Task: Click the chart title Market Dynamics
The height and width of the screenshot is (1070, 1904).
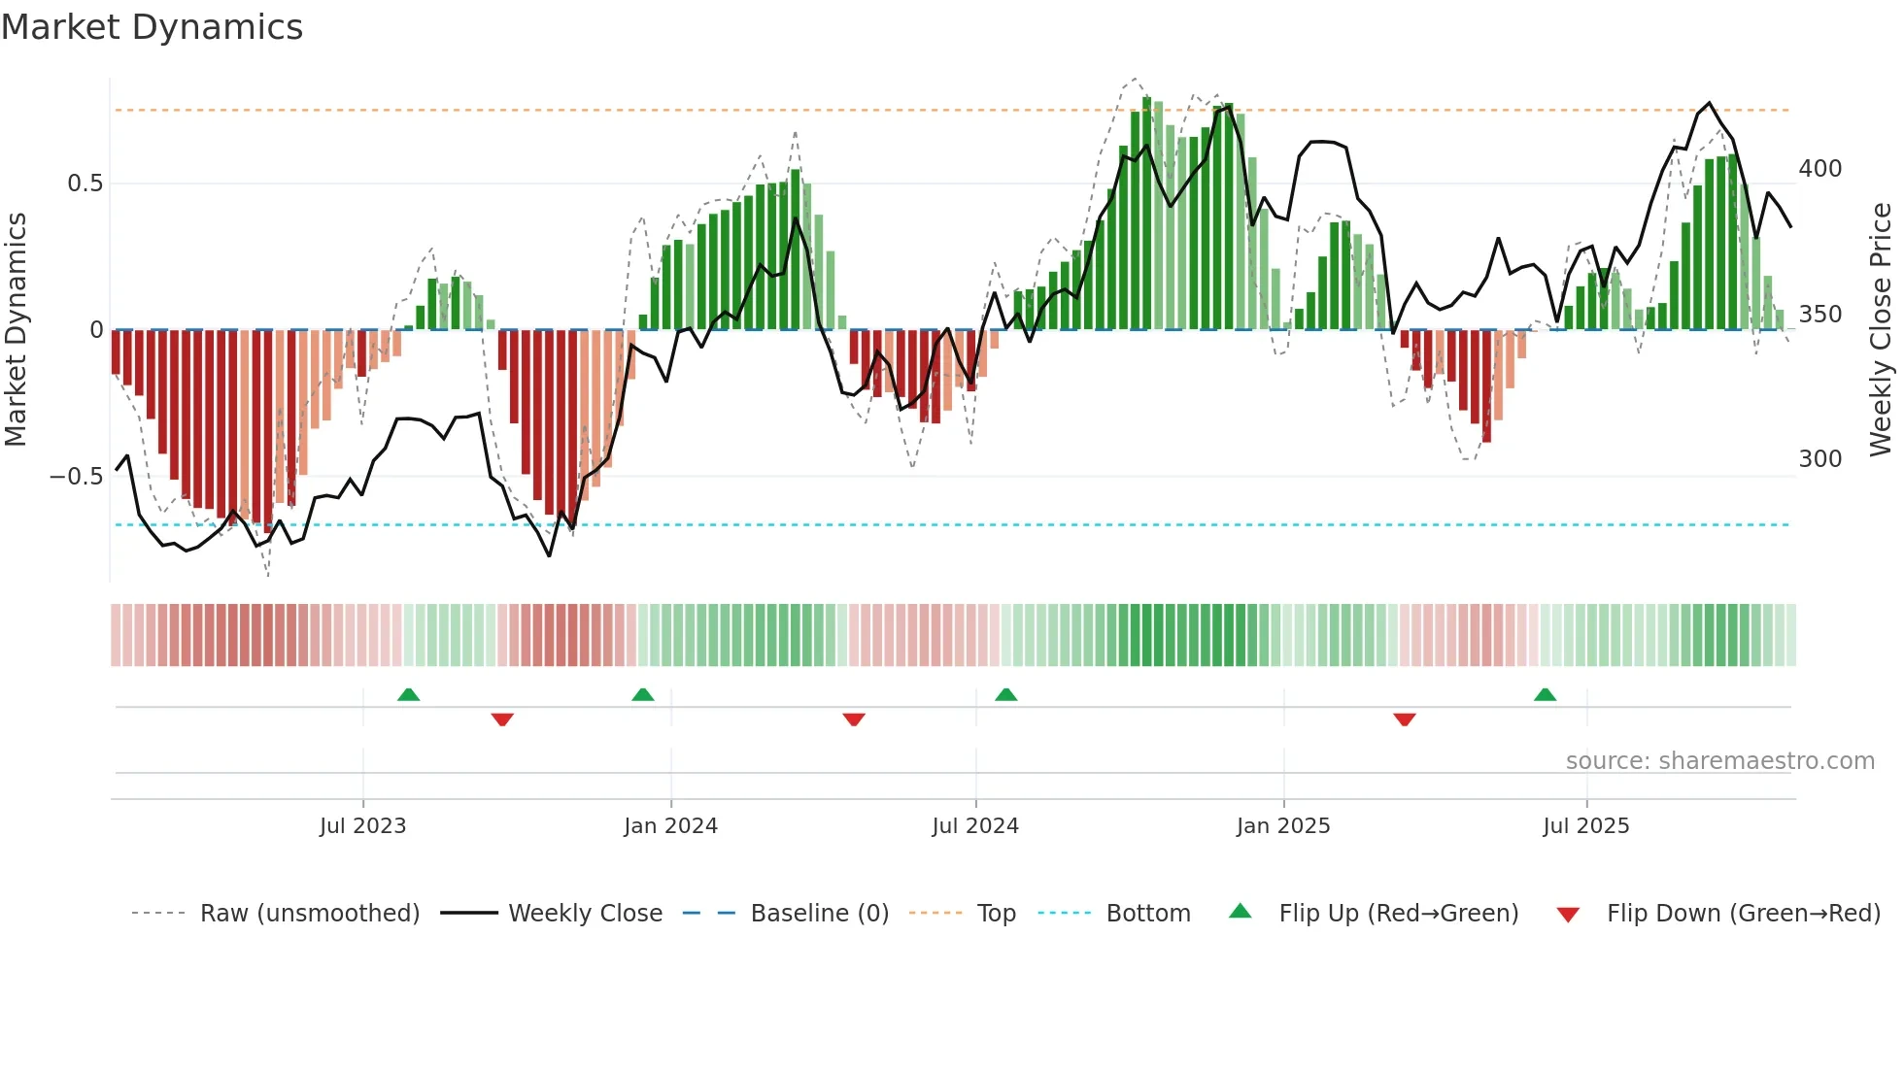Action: [x=153, y=27]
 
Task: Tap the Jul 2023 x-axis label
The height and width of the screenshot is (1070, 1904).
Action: [x=362, y=826]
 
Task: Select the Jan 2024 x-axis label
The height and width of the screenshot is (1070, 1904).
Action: [x=670, y=826]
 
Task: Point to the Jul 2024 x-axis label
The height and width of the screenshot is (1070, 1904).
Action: [x=975, y=826]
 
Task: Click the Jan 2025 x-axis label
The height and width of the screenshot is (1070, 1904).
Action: [x=1283, y=826]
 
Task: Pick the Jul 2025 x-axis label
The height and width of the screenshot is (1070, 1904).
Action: [x=1585, y=826]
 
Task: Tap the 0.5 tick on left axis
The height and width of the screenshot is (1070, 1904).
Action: [x=85, y=184]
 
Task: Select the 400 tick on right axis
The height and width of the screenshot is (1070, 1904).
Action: [x=1819, y=169]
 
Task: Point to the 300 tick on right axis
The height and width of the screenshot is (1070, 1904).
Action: [x=1819, y=459]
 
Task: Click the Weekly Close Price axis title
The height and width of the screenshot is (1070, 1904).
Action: [x=1881, y=330]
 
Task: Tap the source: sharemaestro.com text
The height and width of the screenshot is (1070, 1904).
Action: [x=1719, y=761]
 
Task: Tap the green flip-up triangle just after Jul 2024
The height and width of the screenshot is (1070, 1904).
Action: [x=1005, y=695]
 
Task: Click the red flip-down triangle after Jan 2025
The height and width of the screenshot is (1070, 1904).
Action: [x=1404, y=719]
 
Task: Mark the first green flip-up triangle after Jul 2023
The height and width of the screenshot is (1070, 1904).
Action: [x=408, y=695]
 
